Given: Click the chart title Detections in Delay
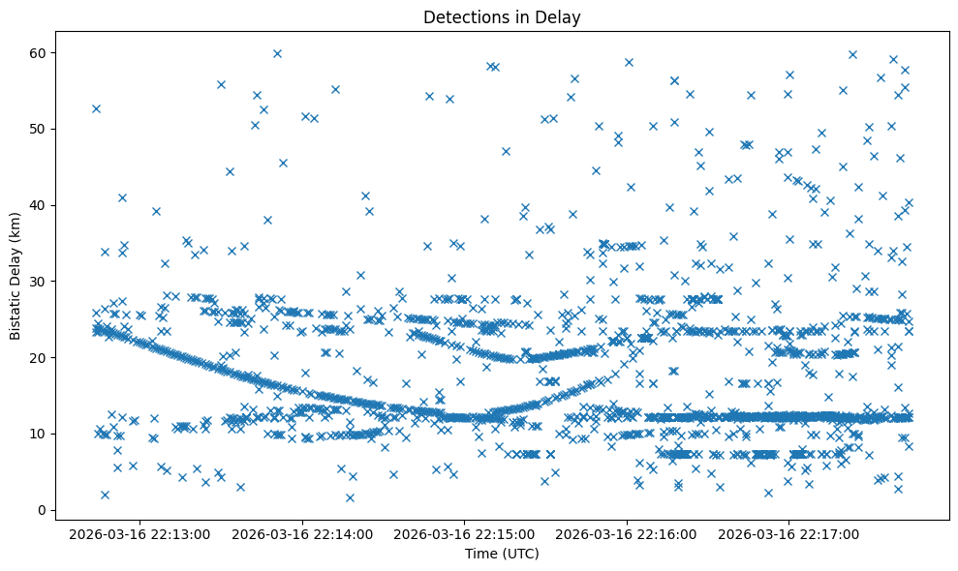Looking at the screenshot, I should [502, 16].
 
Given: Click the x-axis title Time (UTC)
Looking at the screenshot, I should [502, 554].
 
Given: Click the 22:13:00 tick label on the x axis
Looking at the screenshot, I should [140, 533].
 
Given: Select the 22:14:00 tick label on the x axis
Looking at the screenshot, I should [303, 533].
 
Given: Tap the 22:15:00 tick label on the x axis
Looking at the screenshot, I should [465, 533].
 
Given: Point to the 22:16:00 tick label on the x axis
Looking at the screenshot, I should [627, 533].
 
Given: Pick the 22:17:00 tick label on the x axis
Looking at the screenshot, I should [788, 533].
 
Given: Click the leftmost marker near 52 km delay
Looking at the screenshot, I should [96, 108].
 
